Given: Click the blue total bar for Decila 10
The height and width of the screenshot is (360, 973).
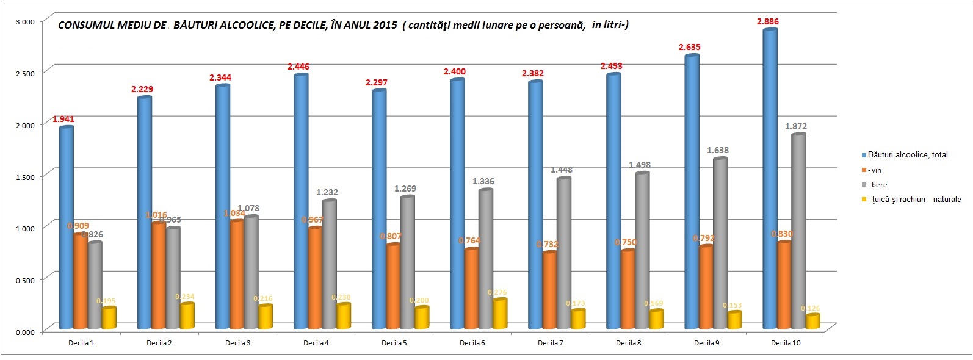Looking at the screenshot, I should (770, 177).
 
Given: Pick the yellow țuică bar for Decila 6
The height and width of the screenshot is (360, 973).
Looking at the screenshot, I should (500, 314).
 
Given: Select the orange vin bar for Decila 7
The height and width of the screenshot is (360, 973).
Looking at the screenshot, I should (549, 290).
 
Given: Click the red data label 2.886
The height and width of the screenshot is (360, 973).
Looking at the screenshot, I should (768, 21).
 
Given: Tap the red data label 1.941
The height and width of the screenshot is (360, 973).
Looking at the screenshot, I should (63, 119).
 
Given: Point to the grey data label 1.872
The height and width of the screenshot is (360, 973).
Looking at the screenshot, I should (795, 126).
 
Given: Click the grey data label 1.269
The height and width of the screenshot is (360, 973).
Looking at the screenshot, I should (405, 189).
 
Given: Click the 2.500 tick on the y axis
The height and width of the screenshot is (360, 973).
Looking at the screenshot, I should (24, 73).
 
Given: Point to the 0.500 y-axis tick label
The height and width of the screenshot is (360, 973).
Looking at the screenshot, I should (24, 280).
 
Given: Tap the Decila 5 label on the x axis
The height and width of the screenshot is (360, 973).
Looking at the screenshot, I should (394, 343).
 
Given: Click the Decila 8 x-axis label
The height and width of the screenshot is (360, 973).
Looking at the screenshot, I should (628, 343).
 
